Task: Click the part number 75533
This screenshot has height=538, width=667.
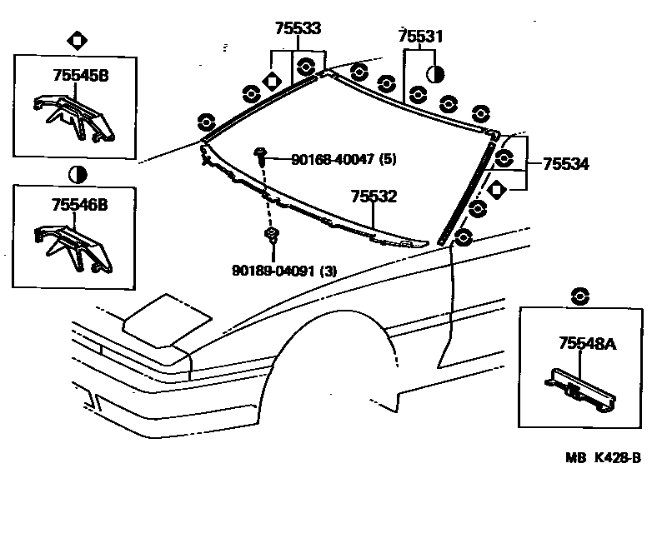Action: coord(297,28)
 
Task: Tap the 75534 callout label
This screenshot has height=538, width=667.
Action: coord(565,165)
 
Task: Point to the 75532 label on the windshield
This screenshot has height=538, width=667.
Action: coord(373,197)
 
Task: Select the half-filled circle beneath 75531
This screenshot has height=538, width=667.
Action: coord(435,74)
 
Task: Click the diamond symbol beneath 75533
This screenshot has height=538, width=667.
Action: coord(270,81)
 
